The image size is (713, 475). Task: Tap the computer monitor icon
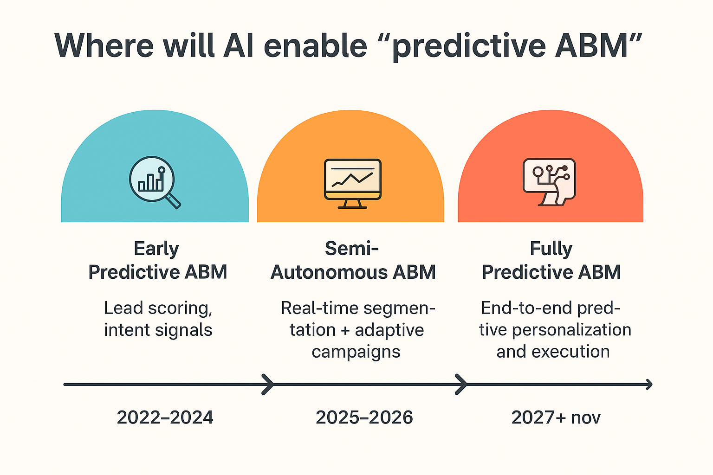(x=353, y=184)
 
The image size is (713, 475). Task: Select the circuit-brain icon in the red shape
(x=549, y=182)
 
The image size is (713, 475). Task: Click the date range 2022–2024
(x=165, y=417)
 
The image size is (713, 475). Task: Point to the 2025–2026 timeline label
(x=364, y=417)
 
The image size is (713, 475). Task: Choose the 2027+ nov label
(x=556, y=417)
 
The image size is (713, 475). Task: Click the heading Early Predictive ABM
(x=157, y=260)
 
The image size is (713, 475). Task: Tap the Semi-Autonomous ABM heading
(x=353, y=260)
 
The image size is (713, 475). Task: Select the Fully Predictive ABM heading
(x=551, y=260)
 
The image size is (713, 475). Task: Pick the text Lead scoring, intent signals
(x=158, y=319)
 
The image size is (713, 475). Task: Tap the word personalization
(x=572, y=330)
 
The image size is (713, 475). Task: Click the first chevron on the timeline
(x=268, y=385)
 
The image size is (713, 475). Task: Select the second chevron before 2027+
(x=461, y=385)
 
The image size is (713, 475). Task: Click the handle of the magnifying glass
(x=173, y=201)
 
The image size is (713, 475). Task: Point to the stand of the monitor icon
(x=352, y=204)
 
